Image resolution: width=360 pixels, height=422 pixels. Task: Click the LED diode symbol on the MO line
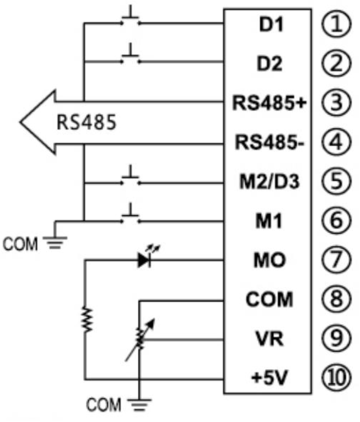click(x=145, y=259)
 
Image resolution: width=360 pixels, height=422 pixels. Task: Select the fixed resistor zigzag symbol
click(x=86, y=319)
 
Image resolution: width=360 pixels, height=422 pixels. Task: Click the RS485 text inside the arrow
click(x=87, y=122)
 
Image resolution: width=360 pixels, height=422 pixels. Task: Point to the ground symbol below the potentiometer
click(x=141, y=405)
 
